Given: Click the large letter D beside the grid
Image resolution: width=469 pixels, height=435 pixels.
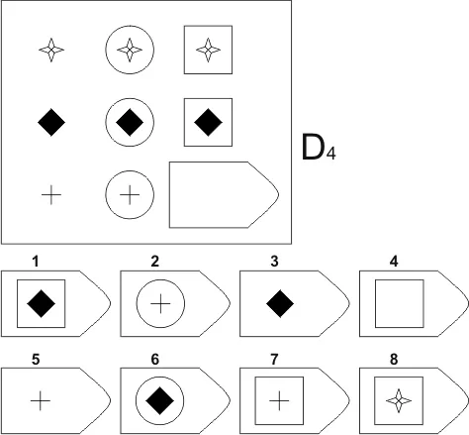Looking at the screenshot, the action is pyautogui.click(x=312, y=147).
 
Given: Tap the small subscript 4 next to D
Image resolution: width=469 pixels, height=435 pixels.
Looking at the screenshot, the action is pyautogui.click(x=330, y=154).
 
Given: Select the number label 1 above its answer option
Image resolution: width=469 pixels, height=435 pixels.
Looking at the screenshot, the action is pyautogui.click(x=36, y=262).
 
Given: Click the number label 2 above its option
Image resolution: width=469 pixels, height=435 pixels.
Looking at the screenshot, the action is pyautogui.click(x=155, y=262).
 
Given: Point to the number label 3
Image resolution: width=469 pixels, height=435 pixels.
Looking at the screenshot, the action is pyautogui.click(x=274, y=262).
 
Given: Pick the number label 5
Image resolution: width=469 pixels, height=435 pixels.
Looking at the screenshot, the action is pyautogui.click(x=36, y=359).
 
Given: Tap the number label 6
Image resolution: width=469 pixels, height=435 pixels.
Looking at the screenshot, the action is pyautogui.click(x=155, y=359).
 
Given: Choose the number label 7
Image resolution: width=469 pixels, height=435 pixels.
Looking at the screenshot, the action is pyautogui.click(x=274, y=359).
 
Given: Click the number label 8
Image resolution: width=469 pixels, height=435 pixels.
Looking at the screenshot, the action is pyautogui.click(x=394, y=359).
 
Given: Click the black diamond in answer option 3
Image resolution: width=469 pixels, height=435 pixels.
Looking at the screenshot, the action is pyautogui.click(x=280, y=304).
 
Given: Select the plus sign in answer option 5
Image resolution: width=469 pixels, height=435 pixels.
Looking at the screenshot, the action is pyautogui.click(x=41, y=400).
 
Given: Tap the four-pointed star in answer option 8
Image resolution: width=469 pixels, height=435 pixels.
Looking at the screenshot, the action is pyautogui.click(x=399, y=400).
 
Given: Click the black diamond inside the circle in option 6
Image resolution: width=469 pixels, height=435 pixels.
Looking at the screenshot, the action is pyautogui.click(x=160, y=400).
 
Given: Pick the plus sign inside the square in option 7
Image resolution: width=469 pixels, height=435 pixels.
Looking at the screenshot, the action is pyautogui.click(x=279, y=400).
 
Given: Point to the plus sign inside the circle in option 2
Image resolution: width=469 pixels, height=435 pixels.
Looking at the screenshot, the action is pyautogui.click(x=160, y=303).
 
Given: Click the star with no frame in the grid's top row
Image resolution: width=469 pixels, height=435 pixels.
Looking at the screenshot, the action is pyautogui.click(x=51, y=50).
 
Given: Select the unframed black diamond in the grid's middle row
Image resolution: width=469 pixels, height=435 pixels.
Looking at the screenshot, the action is pyautogui.click(x=51, y=122).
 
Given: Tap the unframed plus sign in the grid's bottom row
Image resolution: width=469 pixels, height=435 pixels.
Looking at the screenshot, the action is pyautogui.click(x=51, y=195).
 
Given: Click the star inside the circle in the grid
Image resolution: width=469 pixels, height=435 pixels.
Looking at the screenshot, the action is pyautogui.click(x=130, y=50).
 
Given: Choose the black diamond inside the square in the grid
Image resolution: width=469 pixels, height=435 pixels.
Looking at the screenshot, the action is pyautogui.click(x=208, y=122).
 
